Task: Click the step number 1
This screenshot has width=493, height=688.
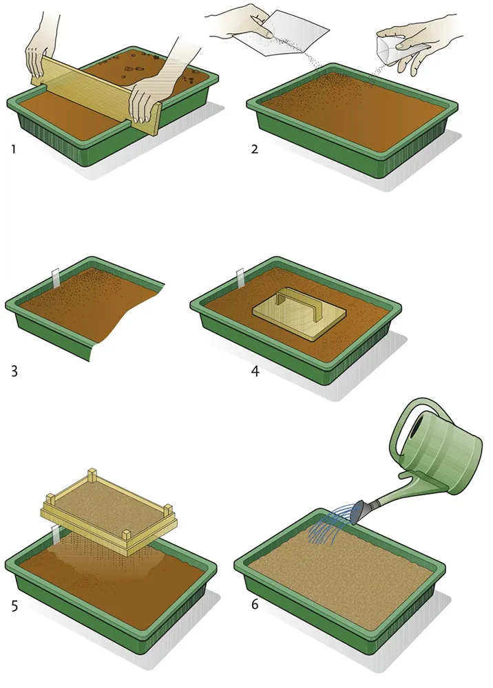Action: [14, 149]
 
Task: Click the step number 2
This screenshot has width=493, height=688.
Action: [255, 149]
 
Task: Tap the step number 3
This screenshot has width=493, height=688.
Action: [14, 372]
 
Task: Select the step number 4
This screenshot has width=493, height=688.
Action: [255, 372]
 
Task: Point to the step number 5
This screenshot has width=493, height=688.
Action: [14, 606]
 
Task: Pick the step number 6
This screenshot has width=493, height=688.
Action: [255, 604]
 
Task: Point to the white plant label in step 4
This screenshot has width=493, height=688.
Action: [240, 278]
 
